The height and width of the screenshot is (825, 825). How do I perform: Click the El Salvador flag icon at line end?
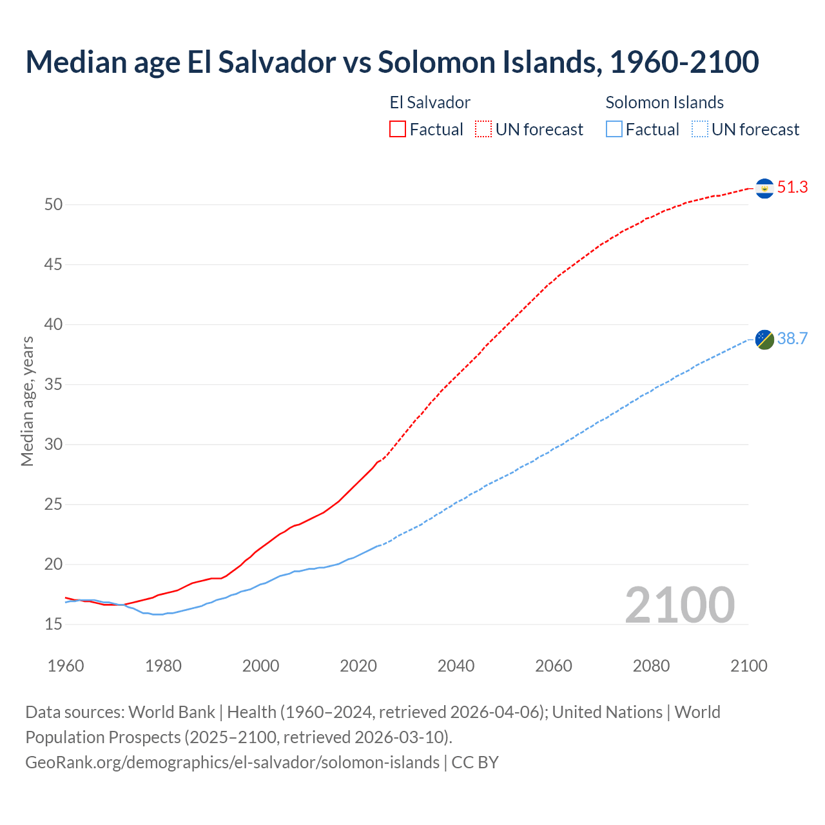[764, 188]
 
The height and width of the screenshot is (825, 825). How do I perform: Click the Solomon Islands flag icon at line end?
[764, 339]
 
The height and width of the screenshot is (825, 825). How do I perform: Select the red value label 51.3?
[792, 188]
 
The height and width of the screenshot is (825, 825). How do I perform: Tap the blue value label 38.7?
[792, 339]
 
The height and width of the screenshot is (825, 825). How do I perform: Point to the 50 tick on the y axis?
[53, 205]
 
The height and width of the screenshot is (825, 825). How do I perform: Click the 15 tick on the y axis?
[53, 625]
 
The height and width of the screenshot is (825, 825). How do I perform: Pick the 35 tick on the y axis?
[53, 385]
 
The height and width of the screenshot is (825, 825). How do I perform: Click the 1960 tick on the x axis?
[66, 666]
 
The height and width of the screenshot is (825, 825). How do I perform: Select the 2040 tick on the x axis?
[456, 666]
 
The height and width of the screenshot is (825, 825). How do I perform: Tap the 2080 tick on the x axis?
[651, 666]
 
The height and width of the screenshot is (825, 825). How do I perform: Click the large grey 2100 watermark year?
[679, 605]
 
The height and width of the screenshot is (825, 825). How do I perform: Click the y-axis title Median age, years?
[27, 401]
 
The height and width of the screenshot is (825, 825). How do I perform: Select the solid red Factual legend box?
[398, 130]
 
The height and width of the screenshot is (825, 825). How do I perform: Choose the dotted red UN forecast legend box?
[483, 130]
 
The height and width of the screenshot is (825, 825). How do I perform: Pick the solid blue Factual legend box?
[614, 130]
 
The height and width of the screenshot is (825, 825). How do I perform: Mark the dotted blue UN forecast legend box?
[699, 130]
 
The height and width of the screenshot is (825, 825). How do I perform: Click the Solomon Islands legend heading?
[664, 102]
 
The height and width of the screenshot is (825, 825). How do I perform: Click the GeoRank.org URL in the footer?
[232, 762]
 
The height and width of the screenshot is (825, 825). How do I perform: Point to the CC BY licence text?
[475, 762]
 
